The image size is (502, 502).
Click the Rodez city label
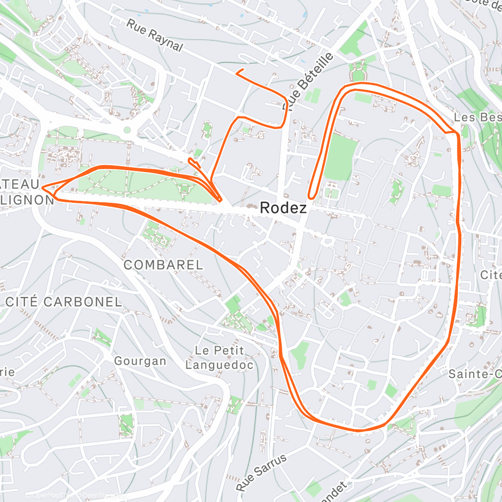click(x=283, y=208)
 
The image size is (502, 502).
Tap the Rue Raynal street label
click(x=154, y=35)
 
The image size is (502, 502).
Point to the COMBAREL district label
click(x=163, y=265)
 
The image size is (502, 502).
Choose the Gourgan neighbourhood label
click(x=140, y=361)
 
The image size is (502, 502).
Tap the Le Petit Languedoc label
click(x=219, y=357)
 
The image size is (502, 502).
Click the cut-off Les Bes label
click(x=477, y=117)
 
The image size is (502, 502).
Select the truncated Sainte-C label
click(x=474, y=374)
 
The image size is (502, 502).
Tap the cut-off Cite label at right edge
click(x=490, y=275)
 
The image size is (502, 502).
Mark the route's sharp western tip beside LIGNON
click(x=43, y=188)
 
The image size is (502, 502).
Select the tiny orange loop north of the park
click(x=192, y=161)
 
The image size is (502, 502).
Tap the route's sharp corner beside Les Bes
click(x=456, y=134)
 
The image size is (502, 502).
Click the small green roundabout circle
click(x=127, y=130)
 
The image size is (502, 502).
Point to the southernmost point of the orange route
click(x=357, y=430)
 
